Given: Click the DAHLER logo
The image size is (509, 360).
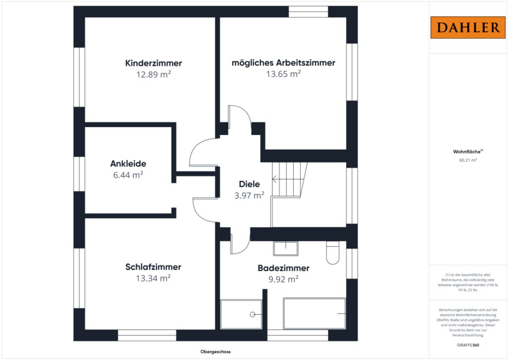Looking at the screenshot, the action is (468, 28).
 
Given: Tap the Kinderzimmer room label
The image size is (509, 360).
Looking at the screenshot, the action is (153, 63).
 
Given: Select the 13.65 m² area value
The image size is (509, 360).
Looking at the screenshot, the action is (284, 74).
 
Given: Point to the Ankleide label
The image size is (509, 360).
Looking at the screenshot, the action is (128, 164).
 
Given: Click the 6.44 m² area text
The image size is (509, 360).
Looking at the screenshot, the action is (128, 175).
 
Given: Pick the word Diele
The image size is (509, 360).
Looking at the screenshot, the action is (249, 184).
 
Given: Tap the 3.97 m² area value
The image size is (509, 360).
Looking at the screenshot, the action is (249, 196).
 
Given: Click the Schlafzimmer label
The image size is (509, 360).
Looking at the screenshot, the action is (153, 267).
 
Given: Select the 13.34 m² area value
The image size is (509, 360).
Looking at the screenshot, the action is (153, 278).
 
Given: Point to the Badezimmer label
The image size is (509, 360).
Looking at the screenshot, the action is (284, 268).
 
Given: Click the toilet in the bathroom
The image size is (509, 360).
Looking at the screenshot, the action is (333, 252).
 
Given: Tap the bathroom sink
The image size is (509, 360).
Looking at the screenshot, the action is (286, 249).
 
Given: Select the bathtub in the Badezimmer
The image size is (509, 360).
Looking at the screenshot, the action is (314, 314).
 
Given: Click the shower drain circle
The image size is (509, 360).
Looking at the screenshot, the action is (253, 314).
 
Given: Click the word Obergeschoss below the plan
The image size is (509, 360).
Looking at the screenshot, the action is (215, 352).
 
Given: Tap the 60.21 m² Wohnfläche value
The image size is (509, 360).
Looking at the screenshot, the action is (468, 160).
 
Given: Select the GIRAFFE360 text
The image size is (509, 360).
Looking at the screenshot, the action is (468, 345).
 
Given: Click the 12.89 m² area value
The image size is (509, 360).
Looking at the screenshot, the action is (153, 74).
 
